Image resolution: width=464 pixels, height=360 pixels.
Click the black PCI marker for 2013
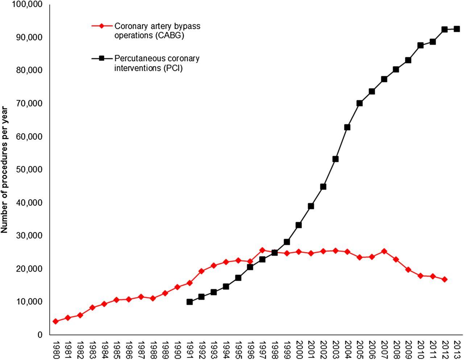coord(457,29)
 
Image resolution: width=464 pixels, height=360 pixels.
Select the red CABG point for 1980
coord(55,321)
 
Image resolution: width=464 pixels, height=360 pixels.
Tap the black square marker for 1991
coord(189,302)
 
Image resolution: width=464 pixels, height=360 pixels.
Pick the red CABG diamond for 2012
coord(444,280)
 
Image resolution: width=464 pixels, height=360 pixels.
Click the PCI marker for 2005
coord(360,103)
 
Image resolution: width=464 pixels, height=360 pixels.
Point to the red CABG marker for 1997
coord(262,250)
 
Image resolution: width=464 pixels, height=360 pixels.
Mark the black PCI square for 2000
coord(299,225)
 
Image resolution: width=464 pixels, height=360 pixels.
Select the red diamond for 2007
coord(384,251)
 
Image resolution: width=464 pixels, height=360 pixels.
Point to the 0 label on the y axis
coord(40,335)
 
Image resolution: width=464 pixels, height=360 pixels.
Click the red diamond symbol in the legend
coord(102,26)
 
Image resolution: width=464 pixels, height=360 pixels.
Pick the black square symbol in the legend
coord(102,58)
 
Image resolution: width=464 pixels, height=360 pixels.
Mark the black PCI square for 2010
coord(420,45)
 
